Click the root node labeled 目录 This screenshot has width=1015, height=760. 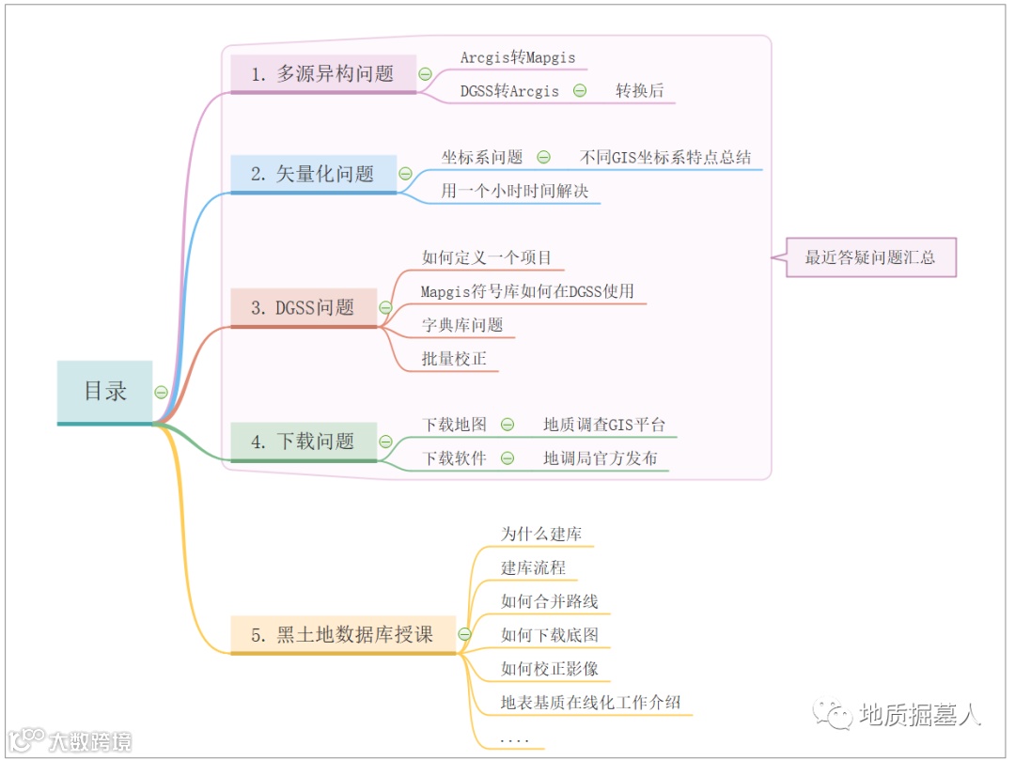click(x=104, y=391)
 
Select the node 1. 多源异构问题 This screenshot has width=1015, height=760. click(x=323, y=73)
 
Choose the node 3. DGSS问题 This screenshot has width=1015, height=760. click(x=304, y=307)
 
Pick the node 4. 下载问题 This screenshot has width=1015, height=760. click(x=304, y=441)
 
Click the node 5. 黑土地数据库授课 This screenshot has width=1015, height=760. click(x=342, y=634)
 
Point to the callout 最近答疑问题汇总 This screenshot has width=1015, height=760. click(x=870, y=256)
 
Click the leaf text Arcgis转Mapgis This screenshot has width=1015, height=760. click(x=518, y=57)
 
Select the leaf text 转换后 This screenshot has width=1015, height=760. click(x=640, y=91)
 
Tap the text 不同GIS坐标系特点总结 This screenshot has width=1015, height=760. click(x=665, y=157)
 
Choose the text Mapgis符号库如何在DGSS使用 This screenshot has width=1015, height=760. click(x=527, y=291)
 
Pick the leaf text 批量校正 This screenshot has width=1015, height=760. click(x=455, y=359)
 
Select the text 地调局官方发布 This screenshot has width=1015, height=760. click(x=601, y=458)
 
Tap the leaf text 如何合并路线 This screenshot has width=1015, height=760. click(x=550, y=601)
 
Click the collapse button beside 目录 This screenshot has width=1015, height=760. click(x=162, y=392)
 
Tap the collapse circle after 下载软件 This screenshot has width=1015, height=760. click(x=507, y=458)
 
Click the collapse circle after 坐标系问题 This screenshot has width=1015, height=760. click(x=543, y=157)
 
